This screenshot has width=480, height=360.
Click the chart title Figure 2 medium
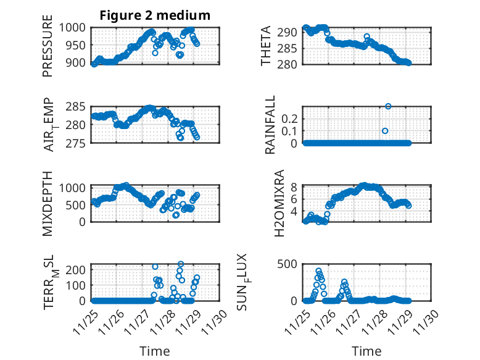[155, 15]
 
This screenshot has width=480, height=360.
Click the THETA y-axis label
[267, 46]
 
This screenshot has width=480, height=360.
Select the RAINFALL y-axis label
[270, 125]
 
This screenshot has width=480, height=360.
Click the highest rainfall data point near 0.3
[388, 106]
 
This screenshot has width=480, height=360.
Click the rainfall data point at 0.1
[385, 131]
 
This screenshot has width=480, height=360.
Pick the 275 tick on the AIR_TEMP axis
[80, 143]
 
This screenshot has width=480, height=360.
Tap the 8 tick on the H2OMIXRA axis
[295, 187]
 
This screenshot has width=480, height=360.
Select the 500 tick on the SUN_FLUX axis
[291, 264]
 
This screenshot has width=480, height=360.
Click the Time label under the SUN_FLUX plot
[366, 351]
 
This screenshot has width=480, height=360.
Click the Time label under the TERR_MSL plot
[155, 351]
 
